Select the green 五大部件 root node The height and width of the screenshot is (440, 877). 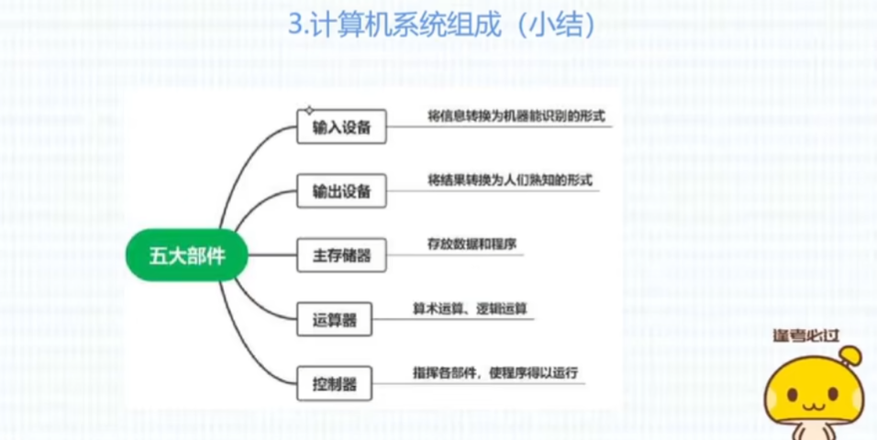tap(187, 256)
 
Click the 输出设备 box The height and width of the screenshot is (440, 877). tap(341, 192)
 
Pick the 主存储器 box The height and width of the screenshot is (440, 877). tap(341, 256)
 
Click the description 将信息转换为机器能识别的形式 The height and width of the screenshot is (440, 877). tap(516, 116)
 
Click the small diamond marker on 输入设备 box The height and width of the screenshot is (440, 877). tap(309, 111)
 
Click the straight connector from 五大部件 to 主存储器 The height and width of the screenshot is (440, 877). tap(273, 256)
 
